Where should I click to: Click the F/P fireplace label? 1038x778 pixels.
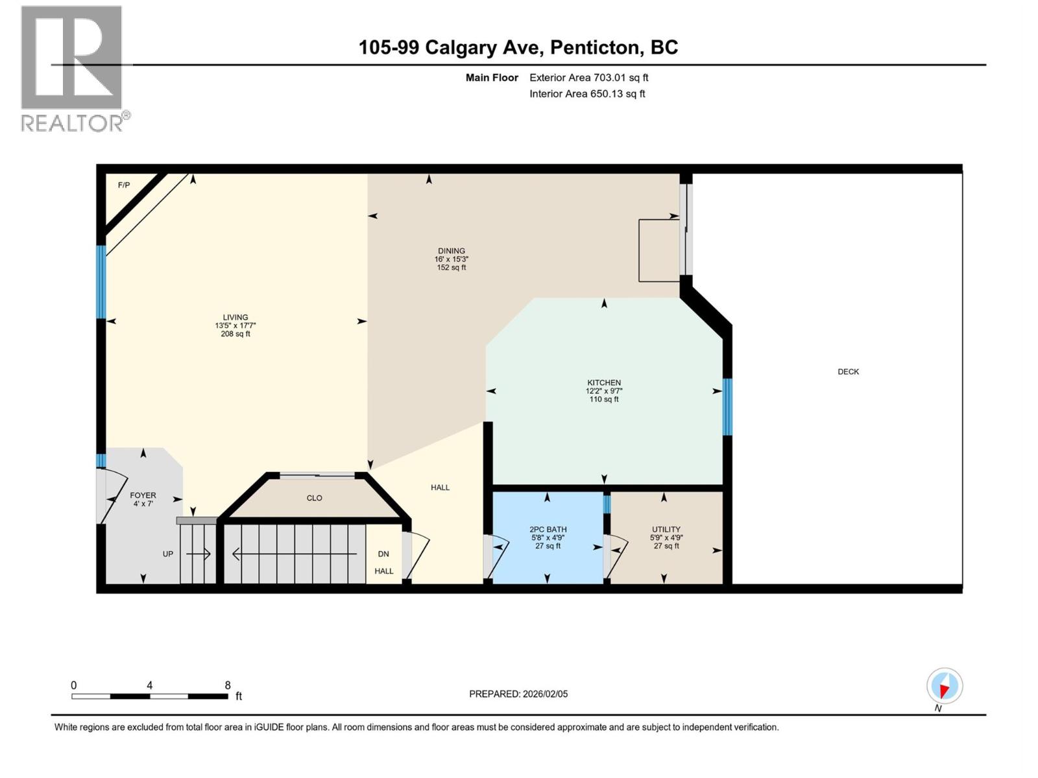(123, 185)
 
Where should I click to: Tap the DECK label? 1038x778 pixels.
(848, 371)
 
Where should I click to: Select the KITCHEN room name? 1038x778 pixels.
(604, 383)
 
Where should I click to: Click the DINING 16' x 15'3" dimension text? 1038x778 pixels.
(452, 259)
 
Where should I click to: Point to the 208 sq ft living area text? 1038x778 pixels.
(235, 334)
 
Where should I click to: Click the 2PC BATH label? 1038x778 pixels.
(548, 529)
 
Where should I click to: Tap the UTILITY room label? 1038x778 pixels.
(666, 529)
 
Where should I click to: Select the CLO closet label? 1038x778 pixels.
(314, 498)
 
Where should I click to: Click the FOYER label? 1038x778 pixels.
(143, 495)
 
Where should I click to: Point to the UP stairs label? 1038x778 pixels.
(168, 554)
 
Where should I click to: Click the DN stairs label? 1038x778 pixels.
(383, 554)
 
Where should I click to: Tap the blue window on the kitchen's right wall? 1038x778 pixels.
(727, 407)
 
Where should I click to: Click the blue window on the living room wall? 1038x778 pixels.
(101, 281)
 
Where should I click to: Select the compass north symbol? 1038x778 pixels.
(944, 687)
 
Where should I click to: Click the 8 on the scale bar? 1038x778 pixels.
(228, 685)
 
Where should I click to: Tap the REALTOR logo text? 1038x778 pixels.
(73, 123)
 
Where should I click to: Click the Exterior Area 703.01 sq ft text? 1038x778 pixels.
(588, 78)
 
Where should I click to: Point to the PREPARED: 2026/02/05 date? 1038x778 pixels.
(518, 694)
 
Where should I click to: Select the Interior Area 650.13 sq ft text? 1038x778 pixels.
(587, 94)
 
